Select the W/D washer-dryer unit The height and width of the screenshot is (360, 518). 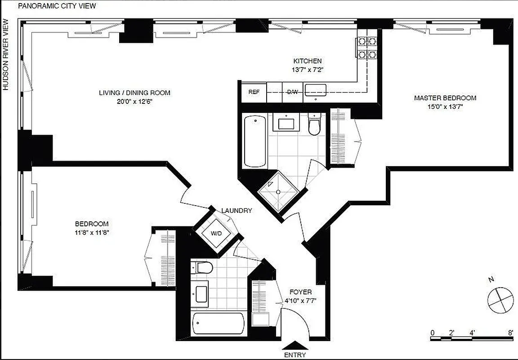click(216, 234)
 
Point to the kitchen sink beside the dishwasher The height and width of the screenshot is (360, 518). click(316, 90)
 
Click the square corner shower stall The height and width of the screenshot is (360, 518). click(278, 192)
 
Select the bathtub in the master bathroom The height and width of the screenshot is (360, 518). click(255, 140)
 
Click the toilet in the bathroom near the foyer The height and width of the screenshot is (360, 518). click(203, 268)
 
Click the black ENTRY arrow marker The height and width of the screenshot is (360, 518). click(295, 345)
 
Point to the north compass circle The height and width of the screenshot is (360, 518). click(500, 300)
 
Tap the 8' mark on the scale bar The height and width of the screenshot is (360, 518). click(510, 333)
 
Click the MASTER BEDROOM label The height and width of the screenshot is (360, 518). click(445, 98)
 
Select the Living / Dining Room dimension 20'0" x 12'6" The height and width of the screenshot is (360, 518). click(134, 101)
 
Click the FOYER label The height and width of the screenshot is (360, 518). click(300, 292)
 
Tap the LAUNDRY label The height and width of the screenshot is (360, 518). click(237, 211)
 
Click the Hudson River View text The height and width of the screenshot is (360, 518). click(6, 54)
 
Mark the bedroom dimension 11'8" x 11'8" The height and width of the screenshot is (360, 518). click(92, 232)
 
